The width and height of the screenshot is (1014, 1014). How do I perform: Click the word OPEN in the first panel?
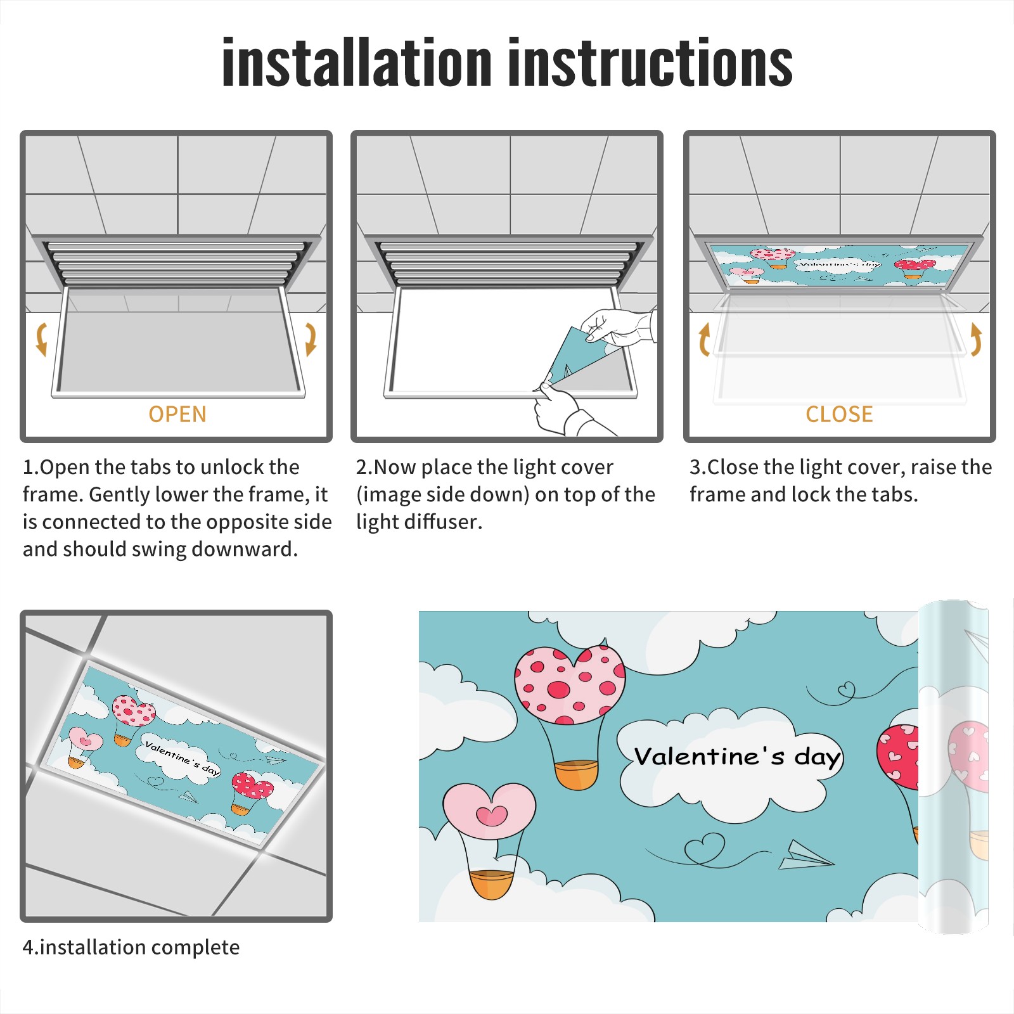[177, 414]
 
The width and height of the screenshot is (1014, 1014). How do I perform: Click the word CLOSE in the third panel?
[839, 414]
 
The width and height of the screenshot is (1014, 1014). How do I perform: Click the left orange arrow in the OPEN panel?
[41, 339]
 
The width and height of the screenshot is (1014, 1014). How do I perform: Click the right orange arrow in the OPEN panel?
[311, 339]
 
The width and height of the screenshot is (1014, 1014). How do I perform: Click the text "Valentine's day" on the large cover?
[738, 757]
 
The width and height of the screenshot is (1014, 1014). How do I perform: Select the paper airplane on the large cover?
[805, 855]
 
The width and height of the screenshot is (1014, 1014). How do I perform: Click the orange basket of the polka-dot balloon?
[576, 774]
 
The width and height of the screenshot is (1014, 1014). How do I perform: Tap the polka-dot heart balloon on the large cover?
[570, 684]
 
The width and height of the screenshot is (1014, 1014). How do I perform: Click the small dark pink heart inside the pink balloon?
[492, 816]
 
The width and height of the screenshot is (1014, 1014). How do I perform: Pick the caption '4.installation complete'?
[131, 947]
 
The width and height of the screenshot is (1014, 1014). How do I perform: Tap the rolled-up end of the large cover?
[953, 767]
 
